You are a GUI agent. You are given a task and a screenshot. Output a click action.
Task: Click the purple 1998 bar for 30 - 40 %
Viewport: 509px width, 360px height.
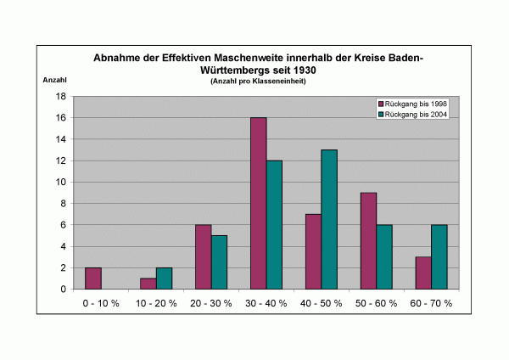pos(258,203)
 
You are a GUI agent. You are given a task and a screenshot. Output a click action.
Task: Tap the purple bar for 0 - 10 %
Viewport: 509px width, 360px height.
pos(93,278)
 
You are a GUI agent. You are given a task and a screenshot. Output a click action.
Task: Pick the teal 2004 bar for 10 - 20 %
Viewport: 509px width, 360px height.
pos(164,278)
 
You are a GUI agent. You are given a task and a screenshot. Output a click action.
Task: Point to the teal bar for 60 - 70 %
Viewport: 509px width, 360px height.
pos(439,256)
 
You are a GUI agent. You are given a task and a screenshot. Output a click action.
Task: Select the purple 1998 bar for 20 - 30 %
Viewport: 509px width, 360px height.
pos(203,256)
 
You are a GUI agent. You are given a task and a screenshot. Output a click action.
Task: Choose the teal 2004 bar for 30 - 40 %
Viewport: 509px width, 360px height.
pos(274,224)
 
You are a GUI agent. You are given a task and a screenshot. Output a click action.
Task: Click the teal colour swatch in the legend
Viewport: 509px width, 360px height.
pos(382,114)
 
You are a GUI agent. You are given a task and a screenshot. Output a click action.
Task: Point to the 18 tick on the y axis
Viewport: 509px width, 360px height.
pos(61,96)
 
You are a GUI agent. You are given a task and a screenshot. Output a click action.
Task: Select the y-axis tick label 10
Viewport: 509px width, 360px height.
pos(61,182)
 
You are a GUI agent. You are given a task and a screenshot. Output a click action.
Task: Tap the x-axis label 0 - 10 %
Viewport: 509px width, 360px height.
pos(101,303)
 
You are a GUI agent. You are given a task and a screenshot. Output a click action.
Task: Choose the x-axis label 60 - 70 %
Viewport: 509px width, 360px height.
pos(431,303)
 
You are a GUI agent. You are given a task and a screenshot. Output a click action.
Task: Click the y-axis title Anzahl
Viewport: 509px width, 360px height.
pos(53,81)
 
